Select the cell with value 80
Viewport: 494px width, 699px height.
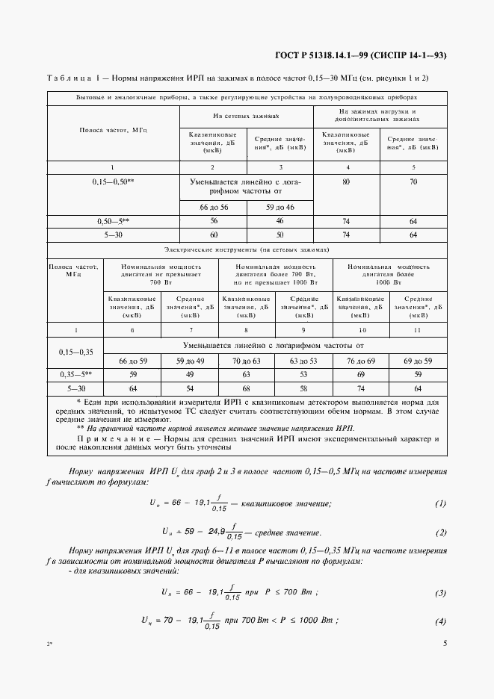pyautogui.click(x=346, y=181)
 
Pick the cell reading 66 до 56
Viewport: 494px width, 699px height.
pyautogui.click(x=213, y=207)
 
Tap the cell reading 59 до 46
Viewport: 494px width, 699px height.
pyautogui.click(x=280, y=207)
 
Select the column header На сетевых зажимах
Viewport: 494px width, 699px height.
pyautogui.click(x=246, y=116)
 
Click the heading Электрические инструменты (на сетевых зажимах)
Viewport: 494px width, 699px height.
pyautogui.click(x=246, y=250)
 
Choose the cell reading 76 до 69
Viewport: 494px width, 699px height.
pyautogui.click(x=361, y=361)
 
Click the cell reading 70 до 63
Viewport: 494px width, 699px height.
pyautogui.click(x=247, y=361)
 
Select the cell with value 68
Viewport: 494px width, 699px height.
pyautogui.click(x=247, y=388)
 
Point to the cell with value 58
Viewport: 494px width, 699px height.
pyautogui.click(x=304, y=388)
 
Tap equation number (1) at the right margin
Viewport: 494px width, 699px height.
pyautogui.click(x=440, y=503)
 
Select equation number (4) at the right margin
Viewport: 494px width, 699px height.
pyautogui.click(x=440, y=621)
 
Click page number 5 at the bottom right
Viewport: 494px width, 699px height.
pyautogui.click(x=445, y=643)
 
